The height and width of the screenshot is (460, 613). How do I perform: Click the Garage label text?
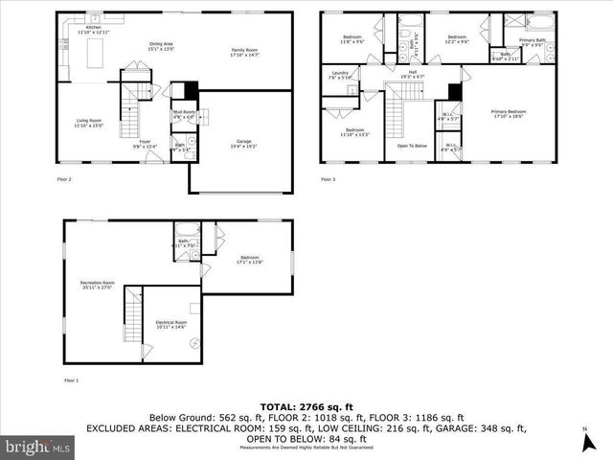(x=244, y=144)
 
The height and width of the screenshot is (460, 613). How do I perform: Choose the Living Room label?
(x=90, y=123)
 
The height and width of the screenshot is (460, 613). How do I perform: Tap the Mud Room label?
(x=183, y=115)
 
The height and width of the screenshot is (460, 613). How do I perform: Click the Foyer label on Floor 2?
(x=145, y=145)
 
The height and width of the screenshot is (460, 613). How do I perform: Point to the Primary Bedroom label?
(x=509, y=115)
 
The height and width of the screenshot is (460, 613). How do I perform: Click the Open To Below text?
(x=411, y=146)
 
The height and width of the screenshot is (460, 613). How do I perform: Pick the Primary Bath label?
(x=533, y=41)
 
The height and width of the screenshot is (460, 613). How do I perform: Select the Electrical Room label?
(x=170, y=325)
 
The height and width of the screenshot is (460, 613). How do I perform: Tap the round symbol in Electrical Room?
(x=193, y=343)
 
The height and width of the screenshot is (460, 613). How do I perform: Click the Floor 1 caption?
(x=71, y=380)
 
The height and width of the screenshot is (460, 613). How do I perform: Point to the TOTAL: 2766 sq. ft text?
(x=306, y=406)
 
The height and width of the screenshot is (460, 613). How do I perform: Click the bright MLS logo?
(x=38, y=447)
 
